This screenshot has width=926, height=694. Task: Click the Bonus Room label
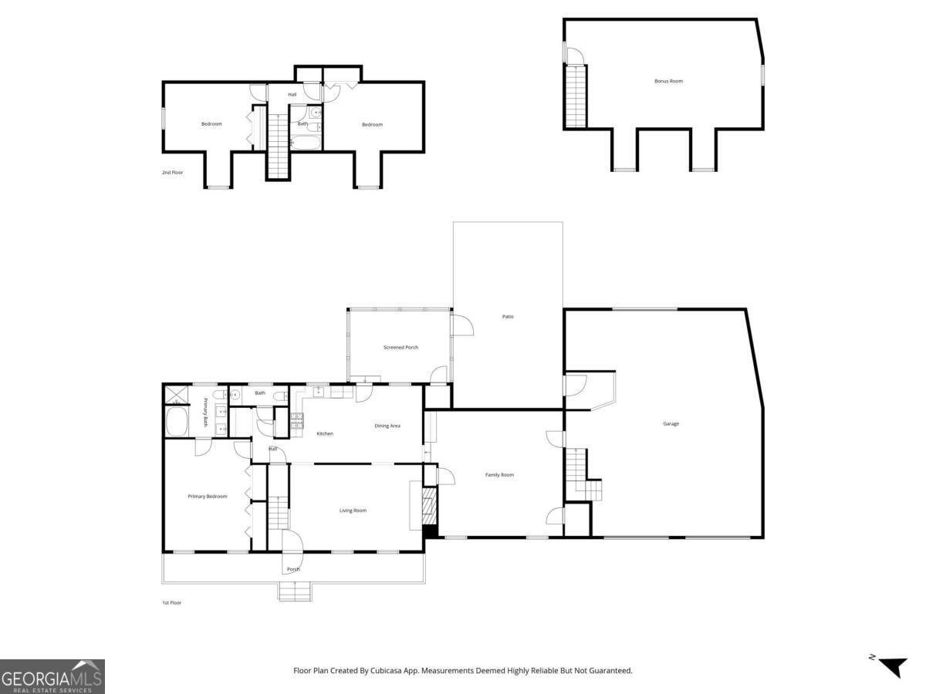pyautogui.click(x=668, y=81)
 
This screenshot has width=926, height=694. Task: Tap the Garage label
pyautogui.click(x=671, y=423)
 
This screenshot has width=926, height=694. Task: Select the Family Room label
pyautogui.click(x=499, y=474)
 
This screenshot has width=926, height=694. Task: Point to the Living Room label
pyautogui.click(x=353, y=510)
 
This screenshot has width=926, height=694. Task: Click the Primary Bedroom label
pyautogui.click(x=207, y=496)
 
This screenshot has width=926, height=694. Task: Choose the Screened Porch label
pyautogui.click(x=400, y=347)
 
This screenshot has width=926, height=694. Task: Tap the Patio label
pyautogui.click(x=508, y=316)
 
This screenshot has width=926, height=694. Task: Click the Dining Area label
pyautogui.click(x=387, y=426)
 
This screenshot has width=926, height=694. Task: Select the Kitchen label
pyautogui.click(x=325, y=433)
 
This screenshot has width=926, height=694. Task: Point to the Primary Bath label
pyautogui.click(x=206, y=412)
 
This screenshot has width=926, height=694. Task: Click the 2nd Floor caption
pyautogui.click(x=172, y=172)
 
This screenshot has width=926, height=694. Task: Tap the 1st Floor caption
pyautogui.click(x=172, y=602)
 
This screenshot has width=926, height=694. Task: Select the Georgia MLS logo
pyautogui.click(x=52, y=676)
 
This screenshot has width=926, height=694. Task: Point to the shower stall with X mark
pyautogui.click(x=175, y=396)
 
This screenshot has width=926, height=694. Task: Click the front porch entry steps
pyautogui.click(x=295, y=591)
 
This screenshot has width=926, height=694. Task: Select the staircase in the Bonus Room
pyautogui.click(x=576, y=96)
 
